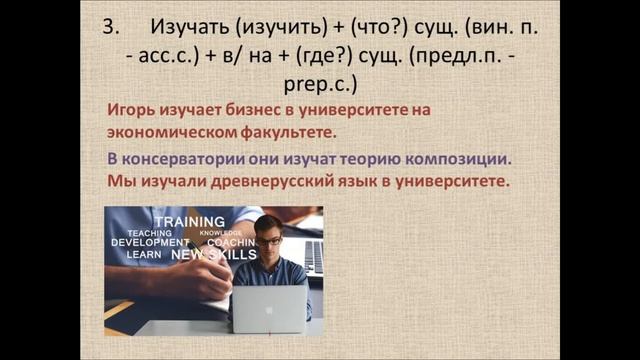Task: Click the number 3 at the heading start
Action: [111, 29]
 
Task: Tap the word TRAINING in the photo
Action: [191, 221]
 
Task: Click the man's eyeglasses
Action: [268, 241]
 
